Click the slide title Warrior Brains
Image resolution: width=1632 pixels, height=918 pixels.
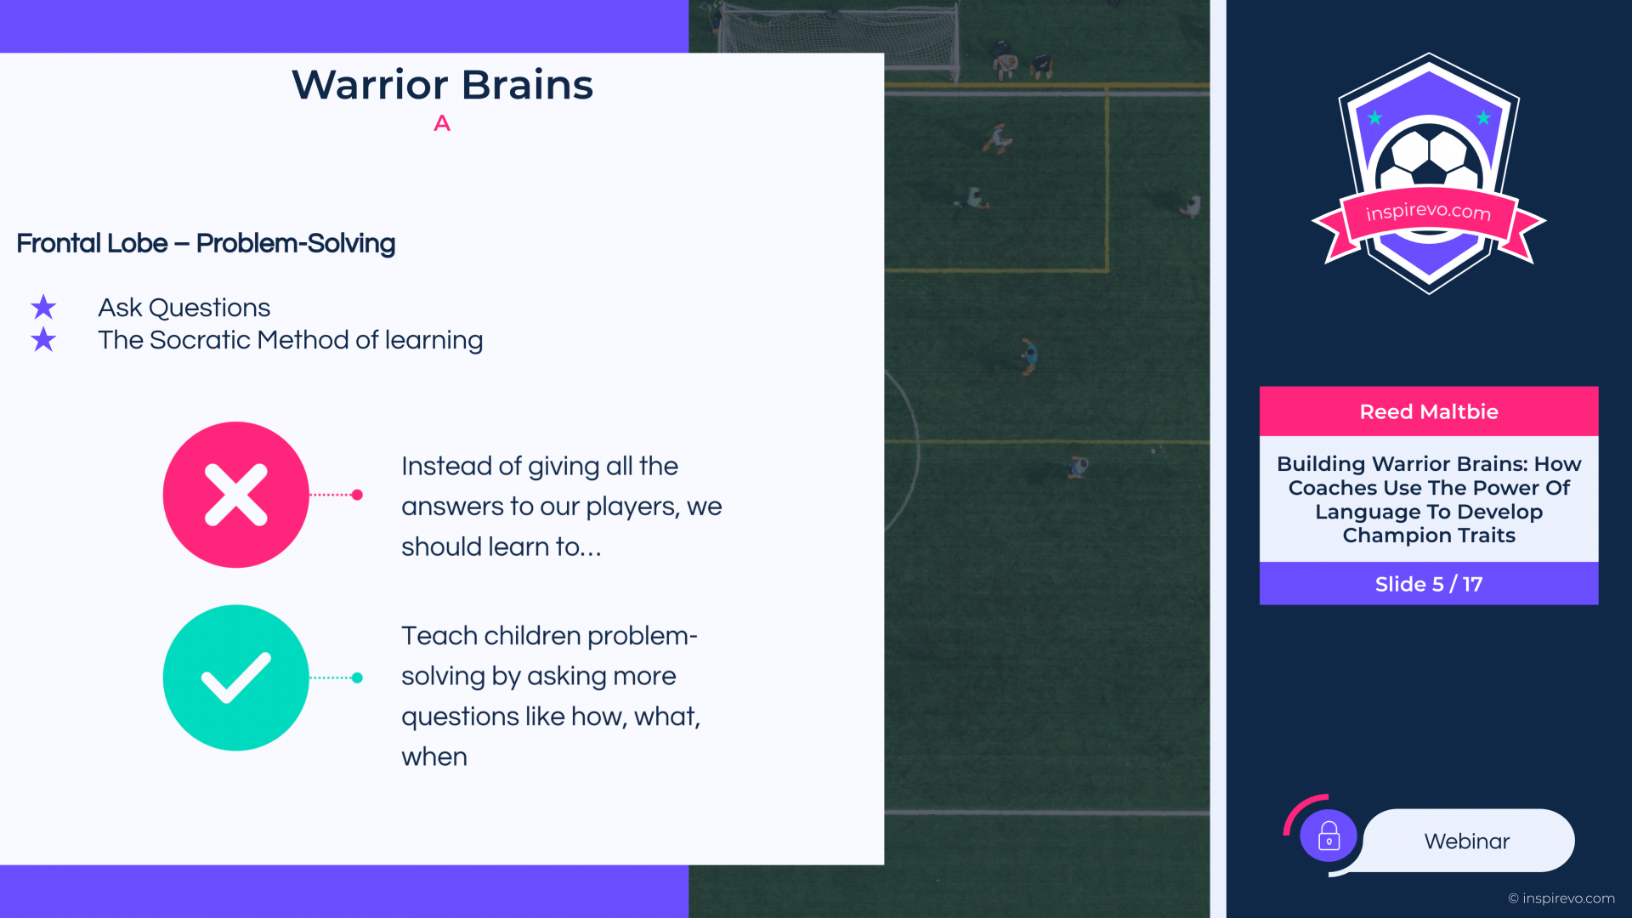pos(442,85)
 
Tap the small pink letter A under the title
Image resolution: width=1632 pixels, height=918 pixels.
pos(442,124)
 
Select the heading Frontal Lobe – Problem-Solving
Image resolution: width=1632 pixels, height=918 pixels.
pos(206,244)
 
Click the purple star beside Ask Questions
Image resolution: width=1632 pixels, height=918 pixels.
pos(43,307)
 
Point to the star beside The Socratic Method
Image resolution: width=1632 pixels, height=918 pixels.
pos(43,340)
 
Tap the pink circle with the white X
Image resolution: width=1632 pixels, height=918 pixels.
pos(236,495)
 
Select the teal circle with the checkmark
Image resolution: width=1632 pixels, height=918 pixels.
pos(236,677)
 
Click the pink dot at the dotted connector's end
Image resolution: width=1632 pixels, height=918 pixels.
pos(357,495)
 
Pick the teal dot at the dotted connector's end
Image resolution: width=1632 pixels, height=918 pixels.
pos(357,677)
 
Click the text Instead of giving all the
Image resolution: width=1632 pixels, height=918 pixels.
pos(540,467)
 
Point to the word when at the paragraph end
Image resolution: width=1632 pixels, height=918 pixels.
pos(434,757)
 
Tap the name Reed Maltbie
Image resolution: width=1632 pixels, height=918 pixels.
pos(1429,412)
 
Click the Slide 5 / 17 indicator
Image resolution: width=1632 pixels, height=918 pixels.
pos(1429,584)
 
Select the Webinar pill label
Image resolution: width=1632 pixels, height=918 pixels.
pos(1467,841)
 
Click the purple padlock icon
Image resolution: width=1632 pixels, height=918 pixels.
pos(1329,836)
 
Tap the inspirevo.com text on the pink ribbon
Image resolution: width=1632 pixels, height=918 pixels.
pos(1429,211)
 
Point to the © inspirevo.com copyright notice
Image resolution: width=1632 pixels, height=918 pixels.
pos(1561,898)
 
